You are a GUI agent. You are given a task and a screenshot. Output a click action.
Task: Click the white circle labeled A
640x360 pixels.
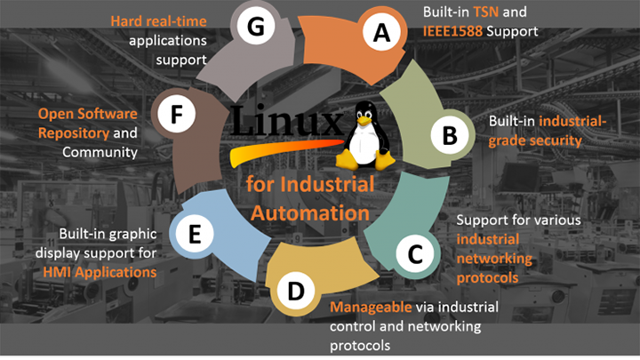click(x=381, y=33)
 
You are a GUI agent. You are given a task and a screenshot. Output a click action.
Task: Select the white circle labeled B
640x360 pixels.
click(x=449, y=136)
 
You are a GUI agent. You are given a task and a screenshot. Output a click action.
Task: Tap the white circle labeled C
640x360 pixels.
click(x=414, y=255)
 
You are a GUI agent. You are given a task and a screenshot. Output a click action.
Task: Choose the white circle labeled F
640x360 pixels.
click(x=176, y=116)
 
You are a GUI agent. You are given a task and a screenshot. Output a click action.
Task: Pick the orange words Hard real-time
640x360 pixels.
click(x=159, y=20)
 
